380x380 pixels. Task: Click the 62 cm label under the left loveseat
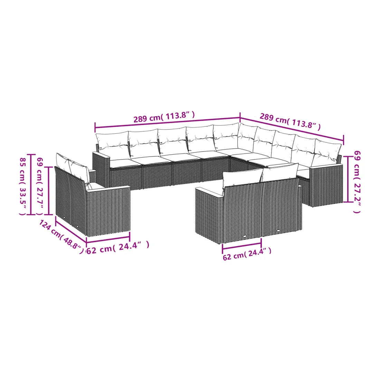pyautogui.click(x=118, y=247)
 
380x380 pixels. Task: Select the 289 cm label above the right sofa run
pyautogui.click(x=290, y=121)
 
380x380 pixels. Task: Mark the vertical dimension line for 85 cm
pyautogui.click(x=31, y=184)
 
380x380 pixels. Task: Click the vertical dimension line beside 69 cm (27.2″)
pyautogui.click(x=348, y=179)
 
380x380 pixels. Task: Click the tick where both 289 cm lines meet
pyautogui.click(x=240, y=117)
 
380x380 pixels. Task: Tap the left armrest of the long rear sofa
pyautogui.click(x=101, y=170)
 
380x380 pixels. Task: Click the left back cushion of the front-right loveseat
pyautogui.click(x=243, y=181)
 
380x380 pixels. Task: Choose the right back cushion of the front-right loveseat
pyautogui.click(x=280, y=172)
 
